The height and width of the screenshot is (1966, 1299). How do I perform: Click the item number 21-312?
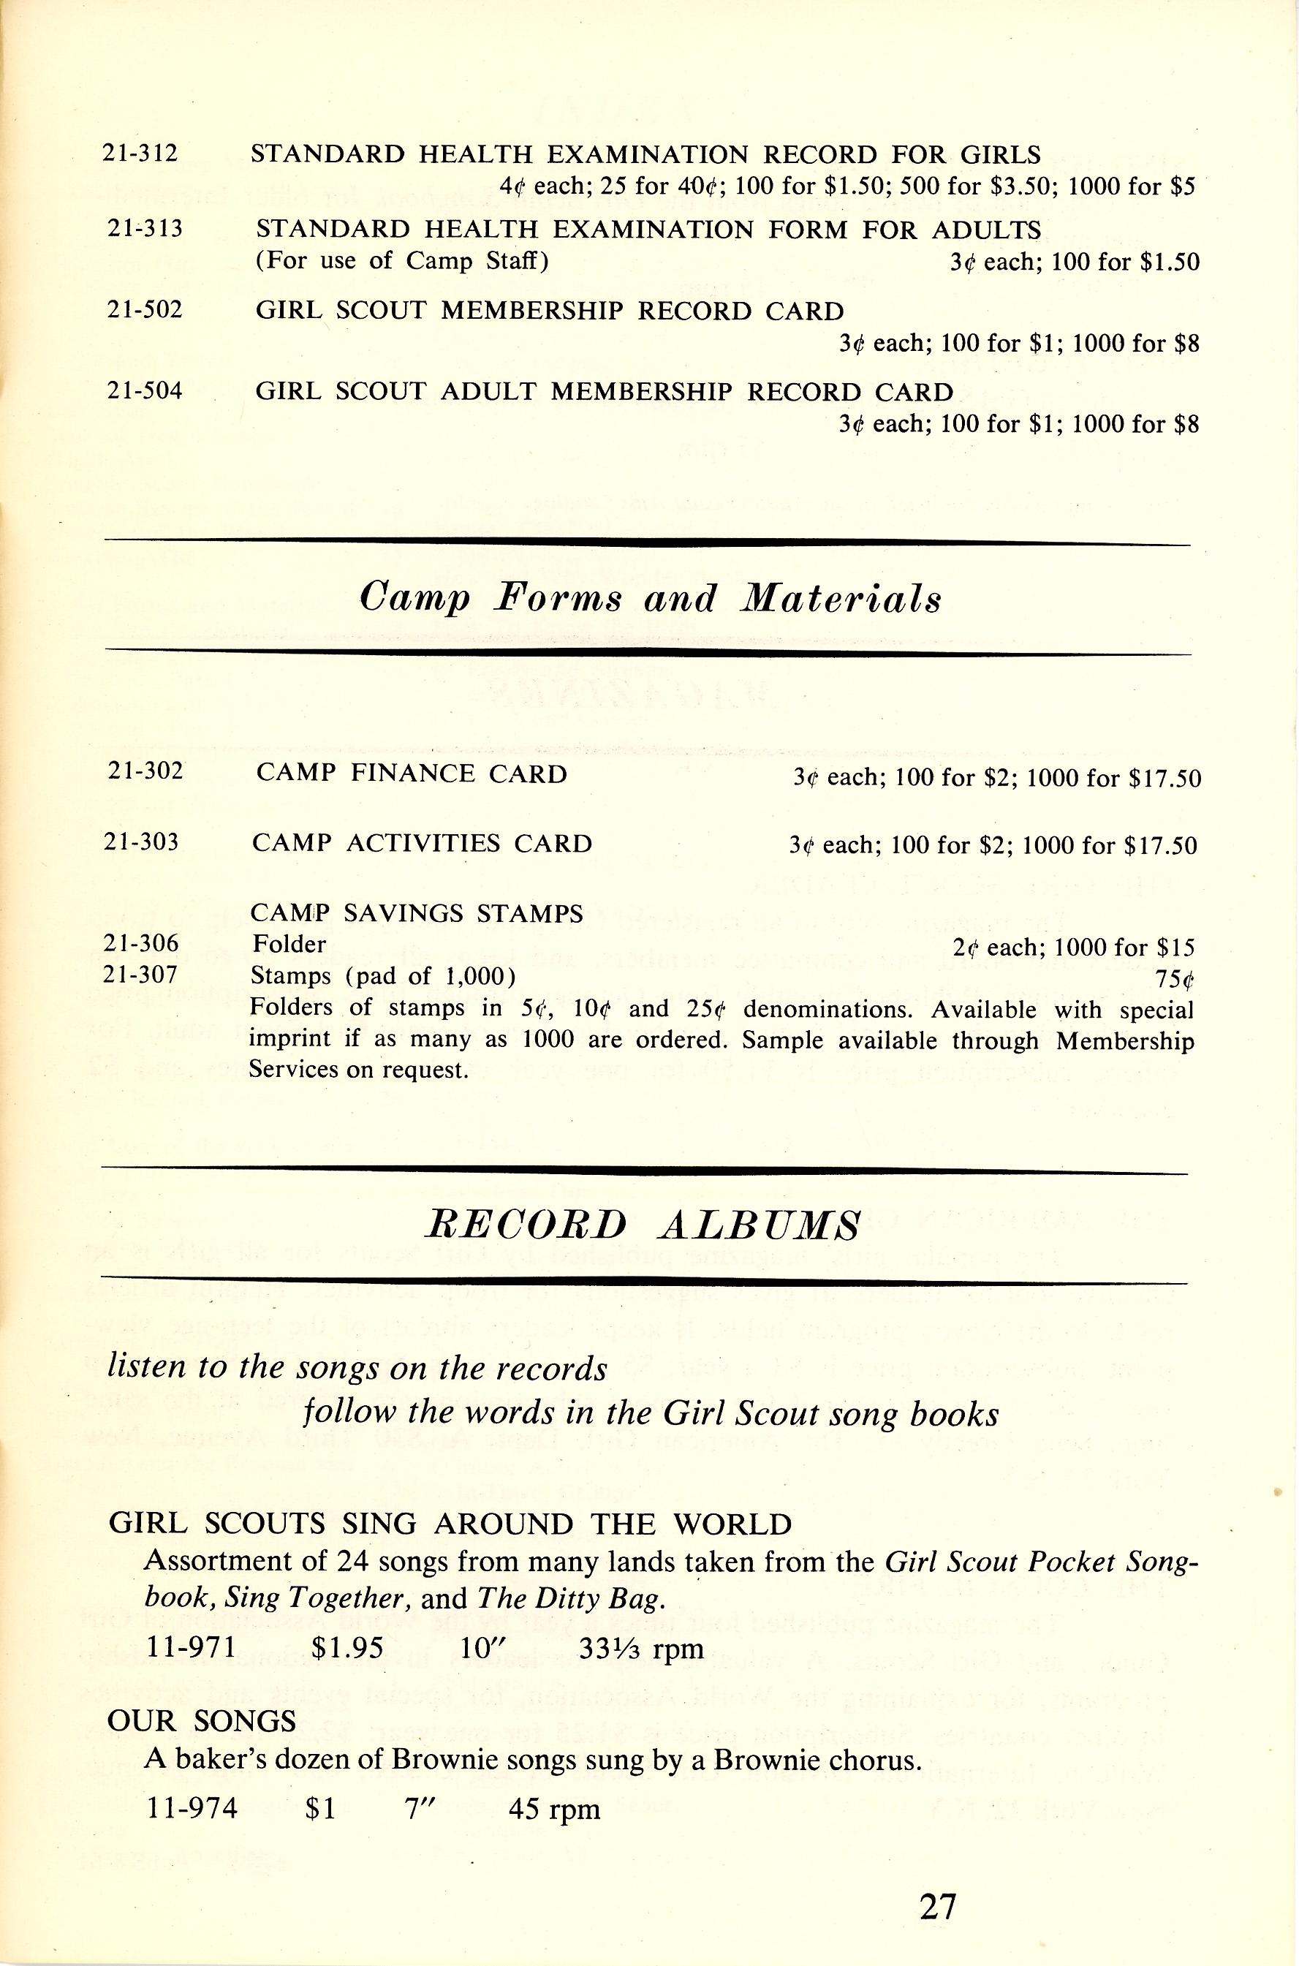click(x=140, y=154)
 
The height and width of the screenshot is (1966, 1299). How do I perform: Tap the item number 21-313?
click(x=145, y=229)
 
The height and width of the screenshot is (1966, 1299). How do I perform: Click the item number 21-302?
click(x=145, y=771)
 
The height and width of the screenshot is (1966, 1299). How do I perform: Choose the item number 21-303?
click(x=142, y=842)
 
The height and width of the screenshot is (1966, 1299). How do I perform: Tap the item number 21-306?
click(x=141, y=944)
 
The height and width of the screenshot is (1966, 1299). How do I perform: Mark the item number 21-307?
click(x=141, y=975)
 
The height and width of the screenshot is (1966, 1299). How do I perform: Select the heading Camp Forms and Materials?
click(x=651, y=598)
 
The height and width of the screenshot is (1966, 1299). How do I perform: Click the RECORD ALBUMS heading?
click(x=641, y=1225)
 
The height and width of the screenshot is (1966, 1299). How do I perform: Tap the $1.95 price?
click(x=348, y=1648)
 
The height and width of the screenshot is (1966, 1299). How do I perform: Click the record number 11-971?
click(x=192, y=1648)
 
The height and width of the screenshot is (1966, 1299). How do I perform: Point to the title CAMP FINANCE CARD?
click(x=412, y=773)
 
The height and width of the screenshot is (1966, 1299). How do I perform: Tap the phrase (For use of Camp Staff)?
click(x=402, y=261)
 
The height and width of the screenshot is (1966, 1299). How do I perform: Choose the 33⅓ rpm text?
click(x=641, y=1648)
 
